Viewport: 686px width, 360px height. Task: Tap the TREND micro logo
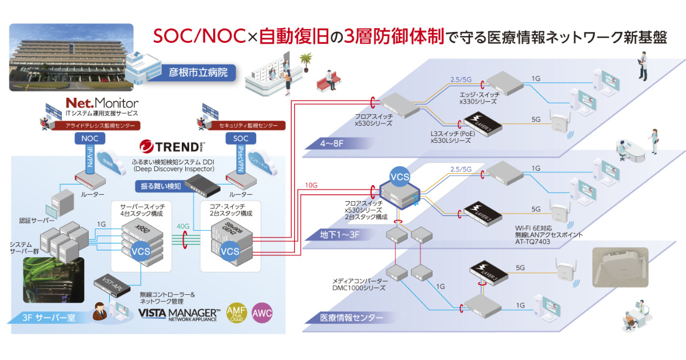171,146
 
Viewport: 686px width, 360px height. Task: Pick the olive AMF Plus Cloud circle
237,314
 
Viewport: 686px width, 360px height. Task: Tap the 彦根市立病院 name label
198,73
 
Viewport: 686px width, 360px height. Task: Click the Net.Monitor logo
102,103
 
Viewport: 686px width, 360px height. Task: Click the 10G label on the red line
311,185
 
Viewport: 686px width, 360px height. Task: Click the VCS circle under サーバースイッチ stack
141,251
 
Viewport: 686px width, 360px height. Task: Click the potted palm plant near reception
306,61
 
